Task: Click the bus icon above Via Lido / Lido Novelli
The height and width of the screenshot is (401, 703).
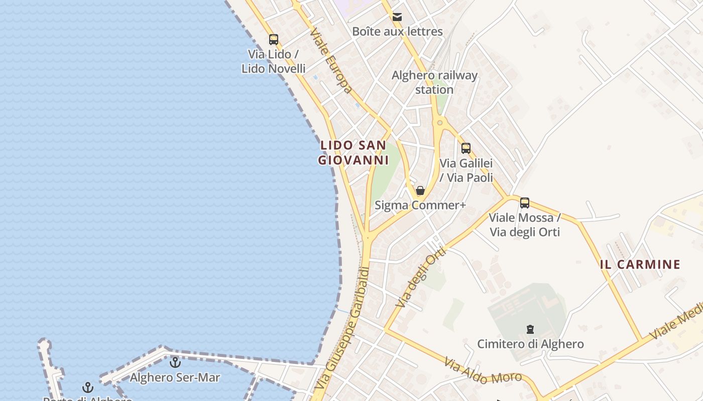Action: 274,40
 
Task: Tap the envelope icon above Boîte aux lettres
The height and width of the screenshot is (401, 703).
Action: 397,18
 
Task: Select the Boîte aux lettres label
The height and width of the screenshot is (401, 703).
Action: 397,32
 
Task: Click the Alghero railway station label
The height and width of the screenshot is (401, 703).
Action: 434,83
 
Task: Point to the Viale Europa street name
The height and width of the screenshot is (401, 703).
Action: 331,61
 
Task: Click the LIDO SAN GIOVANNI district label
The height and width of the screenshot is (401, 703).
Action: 354,153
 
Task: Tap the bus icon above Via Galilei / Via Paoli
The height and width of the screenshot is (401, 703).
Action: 466,148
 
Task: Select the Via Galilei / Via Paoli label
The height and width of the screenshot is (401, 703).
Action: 466,170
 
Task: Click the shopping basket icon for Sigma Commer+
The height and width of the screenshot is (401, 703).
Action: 420,190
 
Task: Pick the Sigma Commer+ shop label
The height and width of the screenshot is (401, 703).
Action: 420,206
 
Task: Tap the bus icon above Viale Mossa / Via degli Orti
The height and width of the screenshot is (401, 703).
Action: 525,203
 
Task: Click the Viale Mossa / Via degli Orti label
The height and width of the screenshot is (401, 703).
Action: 525,225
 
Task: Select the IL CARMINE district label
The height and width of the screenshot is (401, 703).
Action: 640,265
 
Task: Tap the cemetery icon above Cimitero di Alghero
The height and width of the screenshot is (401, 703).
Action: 530,329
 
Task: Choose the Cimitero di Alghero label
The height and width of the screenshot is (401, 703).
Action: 530,344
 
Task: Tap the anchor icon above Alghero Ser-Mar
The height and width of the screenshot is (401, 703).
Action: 175,362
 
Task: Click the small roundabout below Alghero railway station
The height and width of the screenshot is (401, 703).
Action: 440,122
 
